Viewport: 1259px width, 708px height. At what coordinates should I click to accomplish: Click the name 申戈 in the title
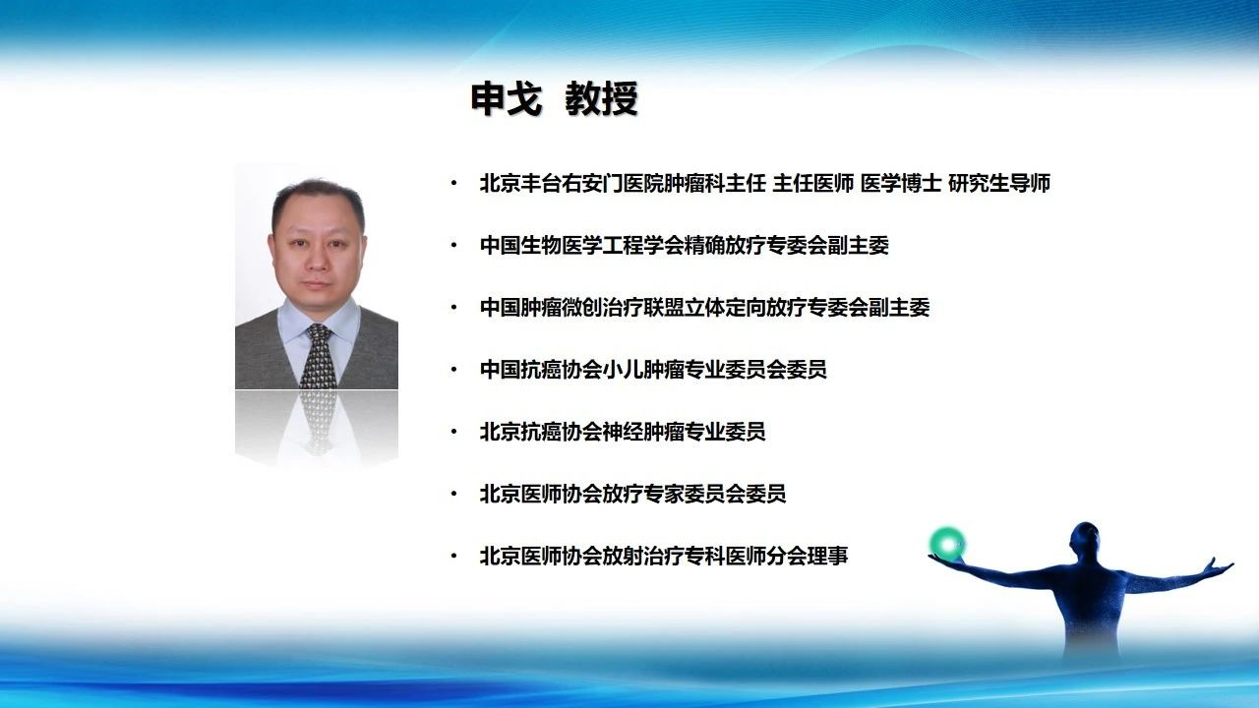(x=507, y=99)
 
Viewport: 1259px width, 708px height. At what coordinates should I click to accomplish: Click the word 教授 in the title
(x=601, y=99)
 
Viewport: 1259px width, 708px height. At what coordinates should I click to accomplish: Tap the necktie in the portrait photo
(x=318, y=356)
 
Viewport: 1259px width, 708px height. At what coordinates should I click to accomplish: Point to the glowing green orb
(x=947, y=544)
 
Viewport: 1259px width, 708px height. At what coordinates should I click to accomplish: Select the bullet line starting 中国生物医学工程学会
(x=684, y=246)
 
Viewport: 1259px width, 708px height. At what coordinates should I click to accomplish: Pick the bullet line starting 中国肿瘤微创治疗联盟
(x=704, y=308)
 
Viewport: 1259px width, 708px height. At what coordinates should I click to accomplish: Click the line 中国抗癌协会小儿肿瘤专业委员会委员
(x=653, y=370)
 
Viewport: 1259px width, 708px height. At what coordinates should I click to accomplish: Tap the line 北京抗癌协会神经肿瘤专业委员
(x=623, y=432)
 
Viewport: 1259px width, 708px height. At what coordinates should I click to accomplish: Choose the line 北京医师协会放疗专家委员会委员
(x=632, y=494)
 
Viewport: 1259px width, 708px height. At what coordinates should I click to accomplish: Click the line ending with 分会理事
(x=663, y=556)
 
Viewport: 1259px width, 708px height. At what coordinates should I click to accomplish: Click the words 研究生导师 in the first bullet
(x=998, y=183)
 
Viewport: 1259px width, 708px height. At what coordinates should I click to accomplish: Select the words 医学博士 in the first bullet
(x=900, y=183)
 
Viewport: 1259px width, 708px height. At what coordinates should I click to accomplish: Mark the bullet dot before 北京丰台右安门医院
(x=453, y=183)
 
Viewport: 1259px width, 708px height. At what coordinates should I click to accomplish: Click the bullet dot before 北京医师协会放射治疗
(x=453, y=556)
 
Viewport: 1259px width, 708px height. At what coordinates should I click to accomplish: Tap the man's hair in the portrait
(x=318, y=194)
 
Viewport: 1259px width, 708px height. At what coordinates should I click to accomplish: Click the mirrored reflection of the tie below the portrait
(x=319, y=422)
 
